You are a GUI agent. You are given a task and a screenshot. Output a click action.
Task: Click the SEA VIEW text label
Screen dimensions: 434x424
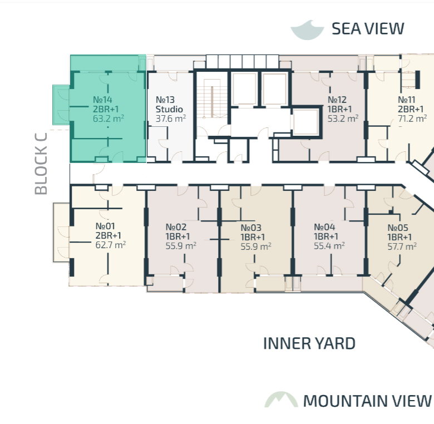pyautogui.click(x=368, y=28)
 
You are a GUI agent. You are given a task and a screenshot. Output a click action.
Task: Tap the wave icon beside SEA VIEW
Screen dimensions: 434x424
pyautogui.click(x=307, y=31)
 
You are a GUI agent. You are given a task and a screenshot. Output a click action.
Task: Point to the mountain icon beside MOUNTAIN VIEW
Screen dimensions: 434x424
pyautogui.click(x=281, y=400)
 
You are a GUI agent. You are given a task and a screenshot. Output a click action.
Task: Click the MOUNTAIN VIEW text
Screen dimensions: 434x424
pyautogui.click(x=367, y=401)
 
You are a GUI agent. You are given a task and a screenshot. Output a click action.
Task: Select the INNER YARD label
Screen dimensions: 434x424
pyautogui.click(x=309, y=343)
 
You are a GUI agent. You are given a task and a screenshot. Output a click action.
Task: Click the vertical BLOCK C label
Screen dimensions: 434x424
pyautogui.click(x=41, y=164)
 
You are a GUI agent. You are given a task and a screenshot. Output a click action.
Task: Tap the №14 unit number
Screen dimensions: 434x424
pyautogui.click(x=102, y=100)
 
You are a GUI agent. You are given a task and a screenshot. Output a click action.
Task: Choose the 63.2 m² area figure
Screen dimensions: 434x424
pyautogui.click(x=108, y=119)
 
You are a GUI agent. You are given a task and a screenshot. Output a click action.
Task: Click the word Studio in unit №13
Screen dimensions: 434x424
pyautogui.click(x=169, y=109)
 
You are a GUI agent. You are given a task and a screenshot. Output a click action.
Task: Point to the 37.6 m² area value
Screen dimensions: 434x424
pyautogui.click(x=170, y=119)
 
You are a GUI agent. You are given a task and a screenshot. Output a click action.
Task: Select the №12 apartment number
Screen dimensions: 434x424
pyautogui.click(x=337, y=100)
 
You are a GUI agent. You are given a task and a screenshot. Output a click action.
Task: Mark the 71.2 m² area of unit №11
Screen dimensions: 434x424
pyautogui.click(x=412, y=119)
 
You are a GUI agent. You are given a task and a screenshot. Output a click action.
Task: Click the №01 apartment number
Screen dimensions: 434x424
pyautogui.click(x=105, y=226)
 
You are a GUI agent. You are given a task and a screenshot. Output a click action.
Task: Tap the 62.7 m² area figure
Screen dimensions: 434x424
pyautogui.click(x=110, y=245)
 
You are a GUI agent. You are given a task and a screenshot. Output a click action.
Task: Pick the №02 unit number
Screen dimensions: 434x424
pyautogui.click(x=176, y=227)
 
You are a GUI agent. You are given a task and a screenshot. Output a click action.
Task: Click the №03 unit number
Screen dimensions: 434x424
pyautogui.click(x=251, y=228)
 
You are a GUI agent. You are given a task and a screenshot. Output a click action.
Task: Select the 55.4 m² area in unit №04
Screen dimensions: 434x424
pyautogui.click(x=329, y=245)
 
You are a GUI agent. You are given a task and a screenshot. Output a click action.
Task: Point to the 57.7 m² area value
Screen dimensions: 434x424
pyautogui.click(x=402, y=246)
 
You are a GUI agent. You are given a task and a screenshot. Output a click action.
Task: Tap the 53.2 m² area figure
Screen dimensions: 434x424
pyautogui.click(x=343, y=119)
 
